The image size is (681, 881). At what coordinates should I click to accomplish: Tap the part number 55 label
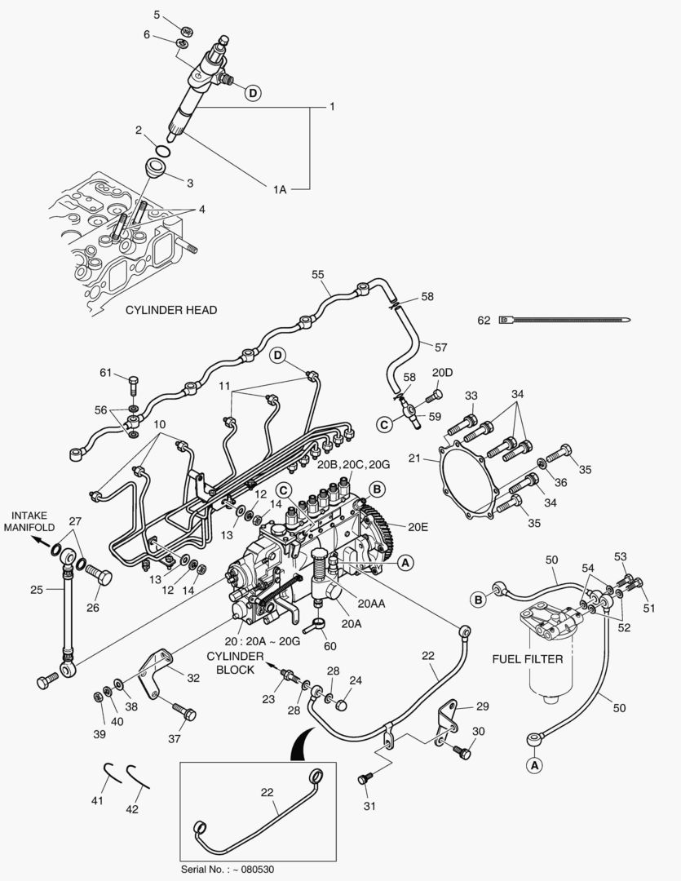click(x=318, y=276)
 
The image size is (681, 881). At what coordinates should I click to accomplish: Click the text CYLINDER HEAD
click(x=170, y=311)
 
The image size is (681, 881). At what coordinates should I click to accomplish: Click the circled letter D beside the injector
click(x=253, y=93)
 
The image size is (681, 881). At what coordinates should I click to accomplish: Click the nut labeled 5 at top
click(x=186, y=31)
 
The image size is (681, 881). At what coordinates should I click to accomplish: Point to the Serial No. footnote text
click(x=228, y=869)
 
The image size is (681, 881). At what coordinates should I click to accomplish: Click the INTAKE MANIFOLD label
click(x=33, y=521)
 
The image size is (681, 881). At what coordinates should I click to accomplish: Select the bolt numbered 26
click(x=97, y=576)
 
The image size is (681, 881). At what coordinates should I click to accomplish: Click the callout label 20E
click(x=418, y=527)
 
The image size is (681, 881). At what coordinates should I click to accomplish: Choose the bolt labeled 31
click(x=365, y=780)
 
